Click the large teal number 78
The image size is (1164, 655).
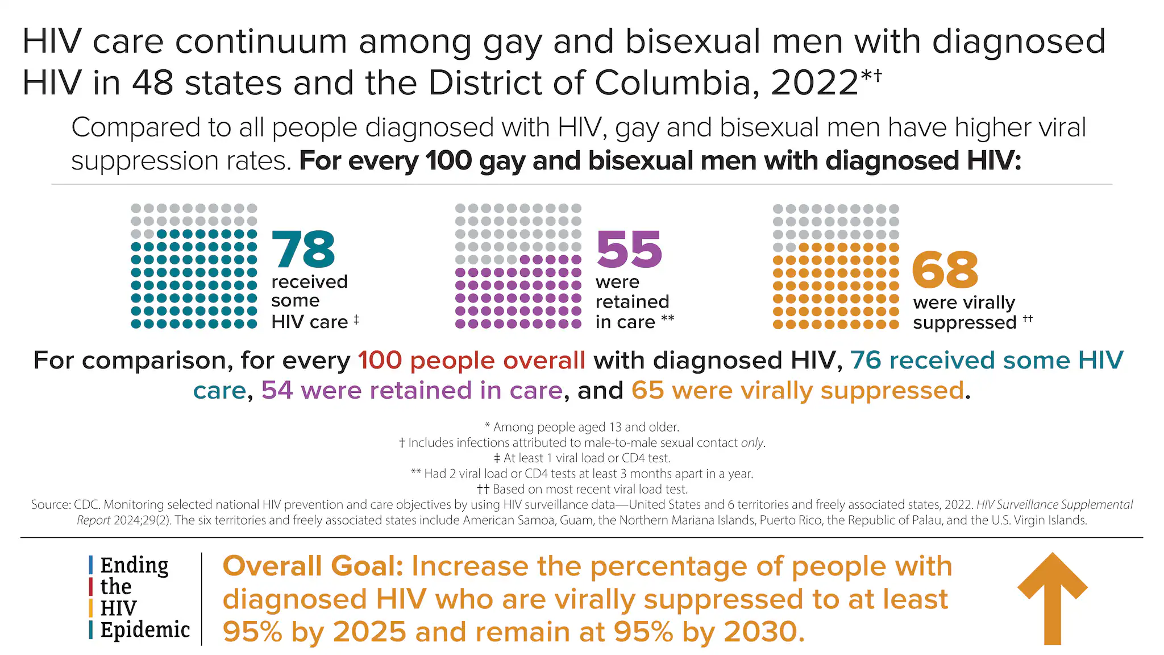[x=304, y=250]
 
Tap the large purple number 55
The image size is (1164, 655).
[x=629, y=250]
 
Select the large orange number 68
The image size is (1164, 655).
[x=945, y=270]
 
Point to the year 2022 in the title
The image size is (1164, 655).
[x=814, y=83]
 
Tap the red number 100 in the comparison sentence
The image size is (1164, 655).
[x=380, y=360]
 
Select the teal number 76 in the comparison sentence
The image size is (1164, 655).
[x=866, y=360]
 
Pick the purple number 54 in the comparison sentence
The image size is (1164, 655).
[x=277, y=391]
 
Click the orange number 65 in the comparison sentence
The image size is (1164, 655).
[x=647, y=391]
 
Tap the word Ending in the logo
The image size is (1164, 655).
[x=134, y=565]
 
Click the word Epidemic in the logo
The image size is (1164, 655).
[x=145, y=630]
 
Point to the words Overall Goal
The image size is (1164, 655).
[x=313, y=566]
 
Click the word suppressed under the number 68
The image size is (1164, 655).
[x=965, y=323]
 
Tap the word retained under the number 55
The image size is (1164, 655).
[x=632, y=302]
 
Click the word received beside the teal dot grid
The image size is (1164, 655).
[x=309, y=282]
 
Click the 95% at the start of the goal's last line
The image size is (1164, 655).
[x=252, y=632]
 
